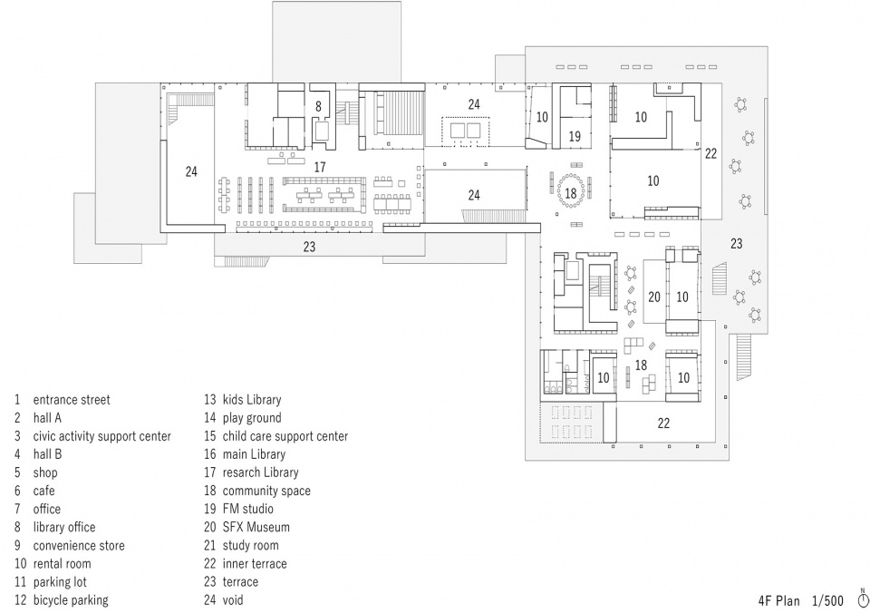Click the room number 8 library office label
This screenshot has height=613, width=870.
[318, 106]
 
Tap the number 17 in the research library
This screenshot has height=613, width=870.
[320, 167]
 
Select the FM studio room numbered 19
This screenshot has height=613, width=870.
[575, 136]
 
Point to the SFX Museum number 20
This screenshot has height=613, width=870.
[654, 297]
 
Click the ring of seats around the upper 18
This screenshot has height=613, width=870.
[571, 175]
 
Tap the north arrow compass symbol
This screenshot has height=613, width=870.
[863, 598]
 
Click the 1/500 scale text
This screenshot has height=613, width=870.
[827, 601]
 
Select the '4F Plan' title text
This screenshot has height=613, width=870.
[779, 601]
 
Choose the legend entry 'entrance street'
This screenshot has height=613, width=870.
[72, 400]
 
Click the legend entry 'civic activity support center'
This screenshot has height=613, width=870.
[102, 436]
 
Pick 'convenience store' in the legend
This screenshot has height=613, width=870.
[79, 546]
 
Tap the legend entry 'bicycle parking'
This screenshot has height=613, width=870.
[71, 600]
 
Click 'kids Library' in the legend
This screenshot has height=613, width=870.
[252, 400]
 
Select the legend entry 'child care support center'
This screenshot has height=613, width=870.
[285, 436]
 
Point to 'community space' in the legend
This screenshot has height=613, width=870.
[266, 491]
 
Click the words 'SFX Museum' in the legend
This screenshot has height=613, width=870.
[256, 527]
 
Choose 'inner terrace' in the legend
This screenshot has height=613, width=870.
[255, 564]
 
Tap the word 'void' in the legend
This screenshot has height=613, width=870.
[233, 600]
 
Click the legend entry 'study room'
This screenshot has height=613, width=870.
[250, 546]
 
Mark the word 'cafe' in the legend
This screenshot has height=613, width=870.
[43, 491]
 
